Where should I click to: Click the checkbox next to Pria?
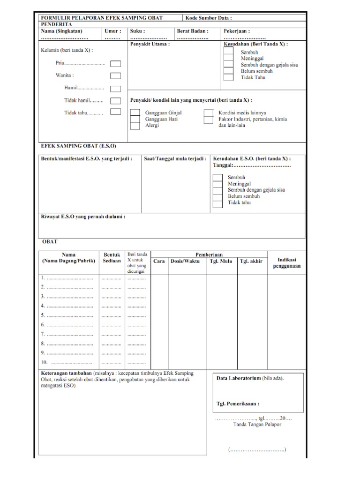(x=115, y=64)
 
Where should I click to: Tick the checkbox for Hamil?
(x=115, y=89)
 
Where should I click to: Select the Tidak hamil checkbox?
(x=115, y=100)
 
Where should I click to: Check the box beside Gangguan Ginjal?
(x=135, y=112)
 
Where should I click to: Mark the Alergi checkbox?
(x=135, y=126)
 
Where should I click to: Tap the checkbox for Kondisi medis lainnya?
(x=208, y=112)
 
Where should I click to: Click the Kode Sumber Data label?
(x=209, y=18)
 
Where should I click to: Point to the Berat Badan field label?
(x=193, y=31)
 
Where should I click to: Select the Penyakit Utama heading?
(x=150, y=45)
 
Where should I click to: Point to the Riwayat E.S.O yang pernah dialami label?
(x=83, y=217)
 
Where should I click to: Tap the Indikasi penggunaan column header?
(x=286, y=262)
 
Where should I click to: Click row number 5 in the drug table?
(x=43, y=315)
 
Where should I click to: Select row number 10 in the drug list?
(x=44, y=362)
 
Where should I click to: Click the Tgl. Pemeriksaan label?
(x=238, y=403)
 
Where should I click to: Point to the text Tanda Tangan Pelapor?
(x=257, y=425)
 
